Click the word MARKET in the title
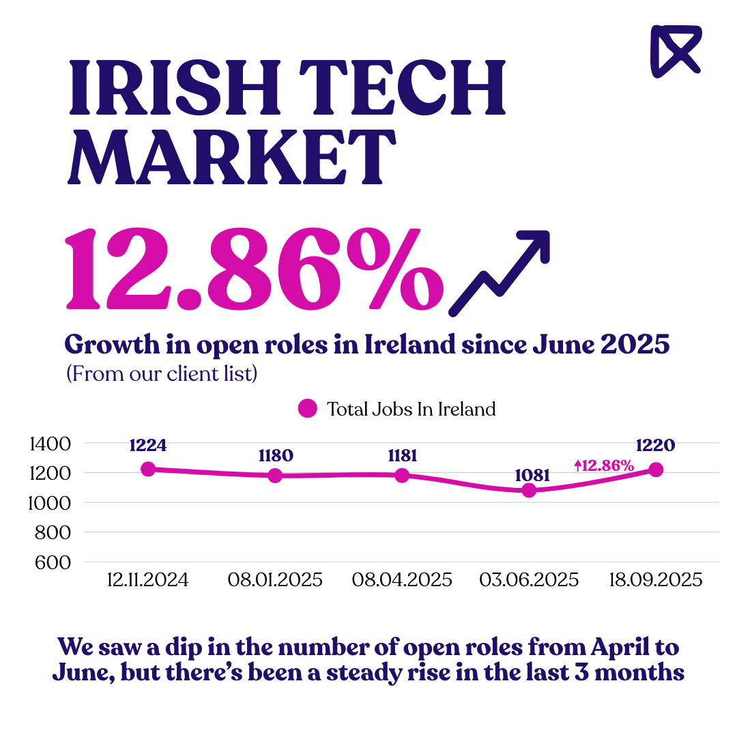[x=233, y=158]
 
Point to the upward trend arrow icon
[x=501, y=273]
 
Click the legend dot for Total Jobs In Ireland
[x=308, y=409]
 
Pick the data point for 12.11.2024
[x=148, y=469]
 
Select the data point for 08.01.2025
[x=275, y=475]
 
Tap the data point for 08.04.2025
[x=402, y=475]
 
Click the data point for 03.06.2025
[x=529, y=490]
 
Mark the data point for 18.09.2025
[x=656, y=469]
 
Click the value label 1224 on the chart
[x=148, y=446]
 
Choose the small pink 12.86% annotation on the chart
[x=604, y=466]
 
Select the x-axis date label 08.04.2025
[x=402, y=580]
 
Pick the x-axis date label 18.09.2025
[x=656, y=580]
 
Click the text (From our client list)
[x=161, y=374]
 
